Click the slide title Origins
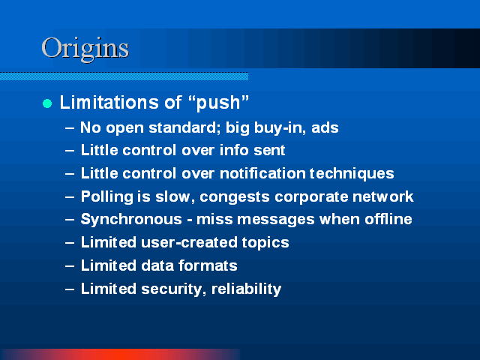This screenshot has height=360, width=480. pyautogui.click(x=85, y=48)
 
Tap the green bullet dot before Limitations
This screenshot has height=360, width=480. pyautogui.click(x=47, y=103)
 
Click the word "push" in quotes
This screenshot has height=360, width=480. pyautogui.click(x=218, y=103)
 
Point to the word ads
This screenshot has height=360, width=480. pyautogui.click(x=325, y=127)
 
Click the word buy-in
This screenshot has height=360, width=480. pyautogui.click(x=280, y=128)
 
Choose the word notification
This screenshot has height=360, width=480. pyautogui.click(x=262, y=173)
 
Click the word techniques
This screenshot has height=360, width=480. pyautogui.click(x=352, y=174)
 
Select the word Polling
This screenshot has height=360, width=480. pyautogui.click(x=107, y=196)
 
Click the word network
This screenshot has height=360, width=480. pyautogui.click(x=383, y=196)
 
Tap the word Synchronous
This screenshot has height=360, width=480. pyautogui.click(x=131, y=220)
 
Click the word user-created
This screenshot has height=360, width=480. pyautogui.click(x=189, y=242)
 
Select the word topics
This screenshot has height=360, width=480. pyautogui.click(x=265, y=243)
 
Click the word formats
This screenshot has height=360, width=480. pyautogui.click(x=208, y=265)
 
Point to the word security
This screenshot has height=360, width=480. pyautogui.click(x=174, y=289)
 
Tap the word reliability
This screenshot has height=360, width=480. pyautogui.click(x=247, y=289)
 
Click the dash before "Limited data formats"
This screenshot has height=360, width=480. pyautogui.click(x=70, y=265)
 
